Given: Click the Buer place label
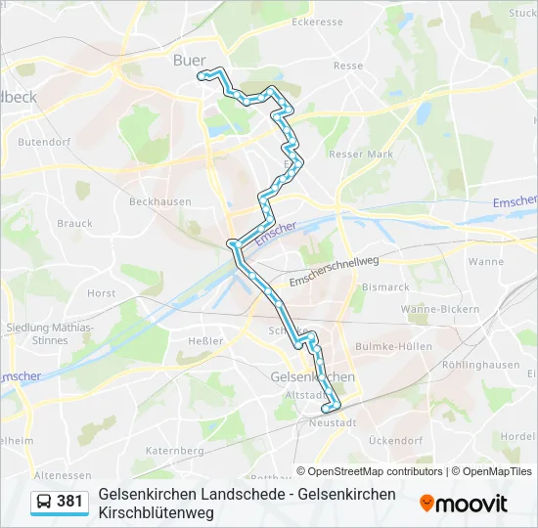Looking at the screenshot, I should [x=189, y=61].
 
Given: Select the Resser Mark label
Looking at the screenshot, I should [x=361, y=154].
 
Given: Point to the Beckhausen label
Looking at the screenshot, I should [x=160, y=201].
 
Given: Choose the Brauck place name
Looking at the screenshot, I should [x=74, y=224].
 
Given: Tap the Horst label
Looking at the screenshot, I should [x=101, y=293].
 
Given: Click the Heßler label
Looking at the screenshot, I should [x=206, y=340].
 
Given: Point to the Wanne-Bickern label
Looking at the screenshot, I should [x=440, y=309].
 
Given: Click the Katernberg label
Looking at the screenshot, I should [x=173, y=451].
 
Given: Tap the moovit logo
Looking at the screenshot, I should [x=464, y=504].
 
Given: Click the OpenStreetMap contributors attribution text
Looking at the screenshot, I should [x=370, y=471].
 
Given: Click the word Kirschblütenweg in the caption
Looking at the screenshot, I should [x=156, y=512].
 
